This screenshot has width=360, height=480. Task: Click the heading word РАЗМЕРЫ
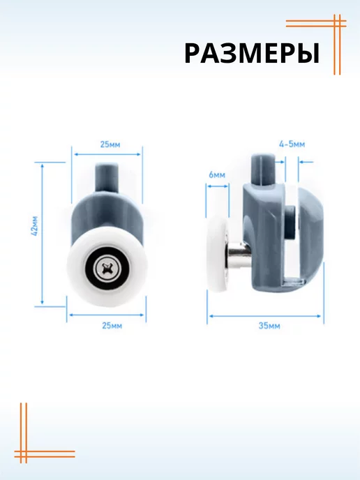[252, 54]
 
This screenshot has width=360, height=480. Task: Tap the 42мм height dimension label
[35, 226]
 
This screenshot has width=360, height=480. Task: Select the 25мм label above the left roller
[110, 144]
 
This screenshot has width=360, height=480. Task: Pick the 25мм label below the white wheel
[112, 325]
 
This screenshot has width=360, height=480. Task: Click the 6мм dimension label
[217, 175]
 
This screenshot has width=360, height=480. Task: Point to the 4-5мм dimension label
[292, 144]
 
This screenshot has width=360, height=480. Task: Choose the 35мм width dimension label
[269, 325]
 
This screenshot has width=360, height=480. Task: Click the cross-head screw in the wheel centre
[107, 269]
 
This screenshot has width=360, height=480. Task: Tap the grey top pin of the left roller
[107, 177]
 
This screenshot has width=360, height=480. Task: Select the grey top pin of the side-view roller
[263, 170]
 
